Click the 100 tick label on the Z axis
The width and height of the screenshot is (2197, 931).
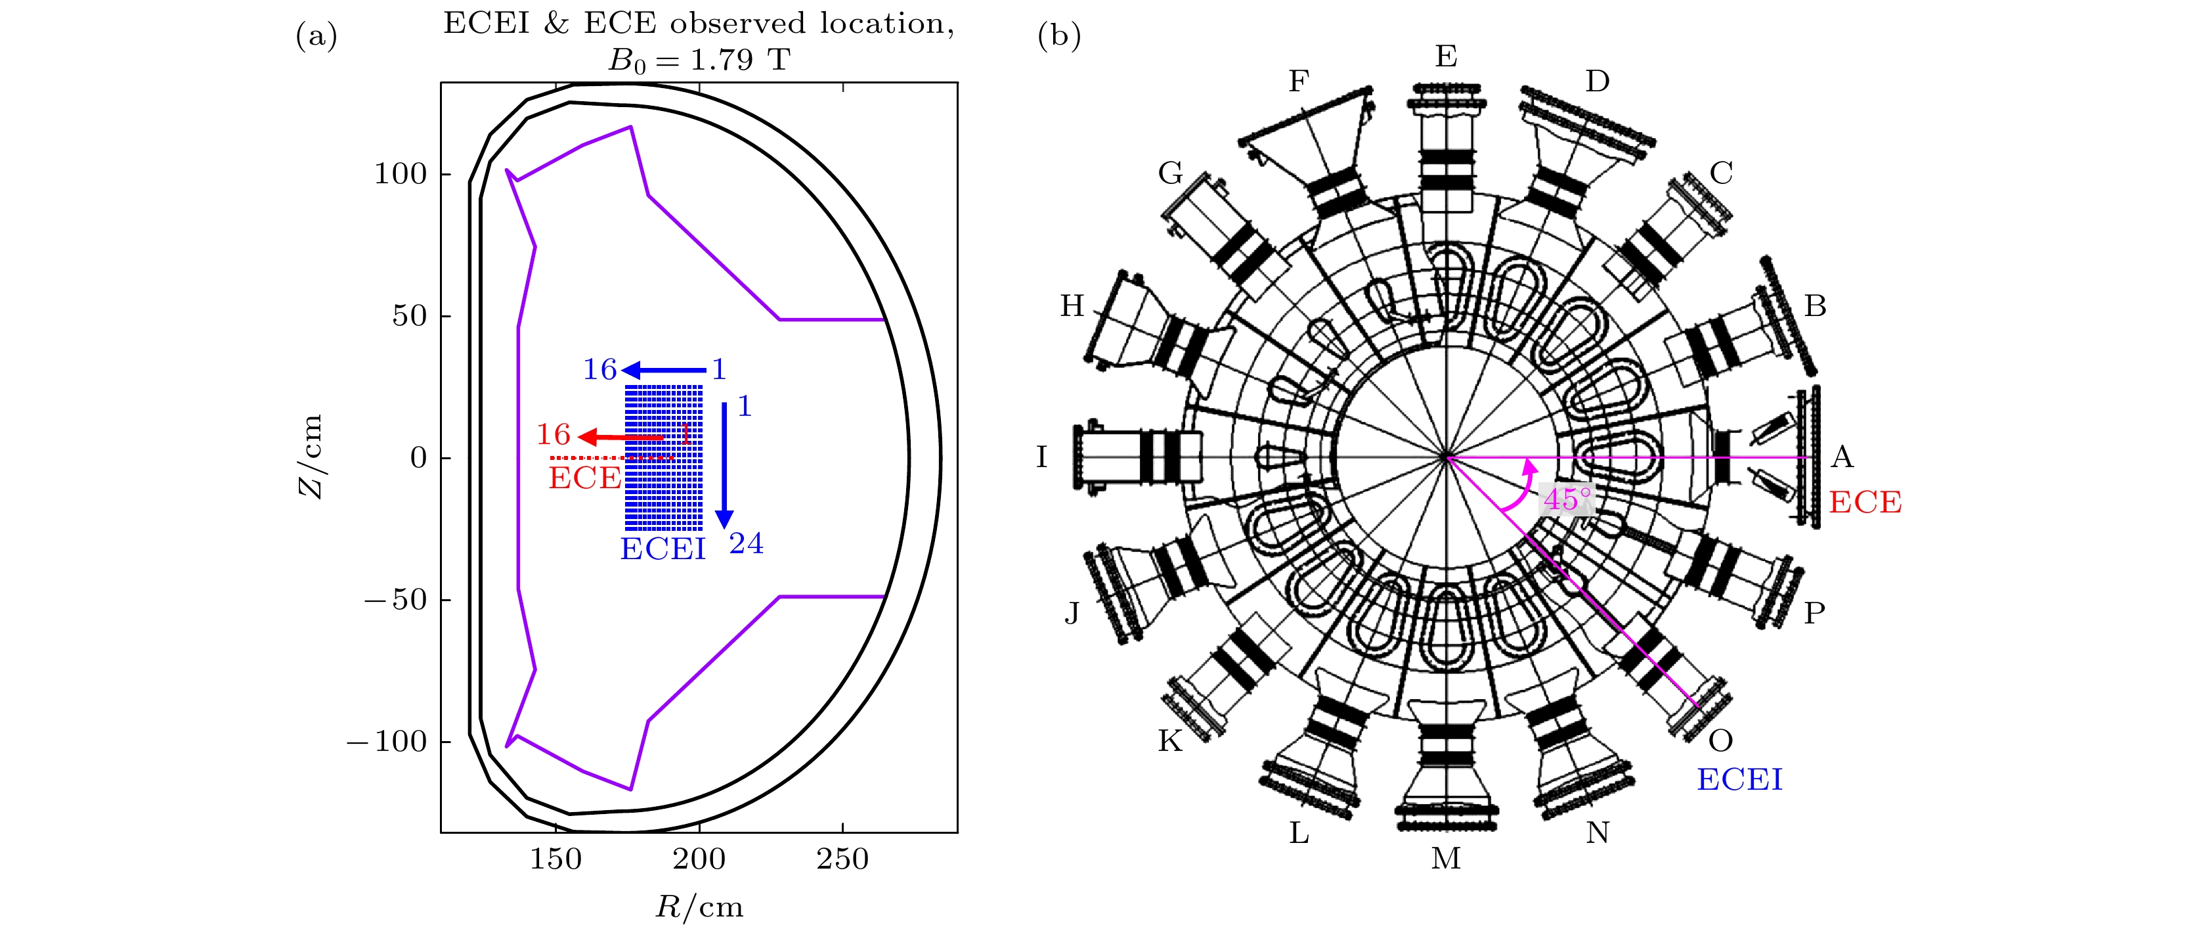(x=400, y=174)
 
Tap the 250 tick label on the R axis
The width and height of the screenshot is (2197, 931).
(x=842, y=859)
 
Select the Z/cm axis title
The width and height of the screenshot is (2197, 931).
(x=311, y=457)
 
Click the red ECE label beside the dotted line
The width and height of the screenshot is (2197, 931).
(x=584, y=478)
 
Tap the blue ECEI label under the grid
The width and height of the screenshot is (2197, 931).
(x=663, y=549)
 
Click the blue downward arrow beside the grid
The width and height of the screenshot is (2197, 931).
(x=724, y=465)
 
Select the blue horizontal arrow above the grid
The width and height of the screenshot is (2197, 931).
(x=664, y=371)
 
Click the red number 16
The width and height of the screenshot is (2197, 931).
(x=553, y=435)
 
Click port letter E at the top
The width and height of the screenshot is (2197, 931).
(x=1446, y=57)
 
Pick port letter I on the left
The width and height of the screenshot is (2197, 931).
(x=1041, y=457)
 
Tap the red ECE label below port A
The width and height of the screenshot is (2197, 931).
(x=1865, y=503)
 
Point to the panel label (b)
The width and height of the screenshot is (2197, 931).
(x=1058, y=36)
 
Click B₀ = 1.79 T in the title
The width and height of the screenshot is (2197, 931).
(x=699, y=60)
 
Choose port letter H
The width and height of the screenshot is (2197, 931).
(x=1072, y=306)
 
